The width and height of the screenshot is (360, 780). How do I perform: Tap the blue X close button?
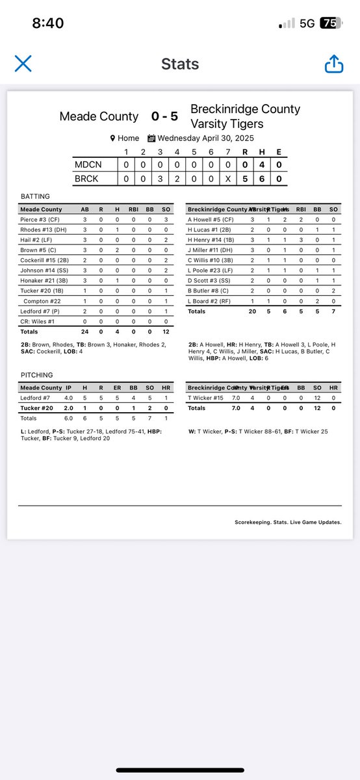(23, 63)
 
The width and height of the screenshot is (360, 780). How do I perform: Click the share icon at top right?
(333, 64)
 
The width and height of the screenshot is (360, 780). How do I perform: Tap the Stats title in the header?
(180, 64)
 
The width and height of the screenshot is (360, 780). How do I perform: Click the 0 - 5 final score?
(164, 116)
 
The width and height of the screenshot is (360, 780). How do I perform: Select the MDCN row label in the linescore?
(88, 165)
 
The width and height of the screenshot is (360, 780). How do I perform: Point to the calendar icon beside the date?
(151, 138)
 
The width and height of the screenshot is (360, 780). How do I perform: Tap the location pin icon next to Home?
(113, 138)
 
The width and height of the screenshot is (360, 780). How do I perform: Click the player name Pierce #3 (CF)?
(40, 220)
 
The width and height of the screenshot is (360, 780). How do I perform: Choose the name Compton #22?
(43, 301)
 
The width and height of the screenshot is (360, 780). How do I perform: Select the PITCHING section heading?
(36, 375)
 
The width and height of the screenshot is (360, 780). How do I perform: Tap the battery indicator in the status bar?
(329, 23)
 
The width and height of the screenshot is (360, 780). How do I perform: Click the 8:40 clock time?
(47, 23)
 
